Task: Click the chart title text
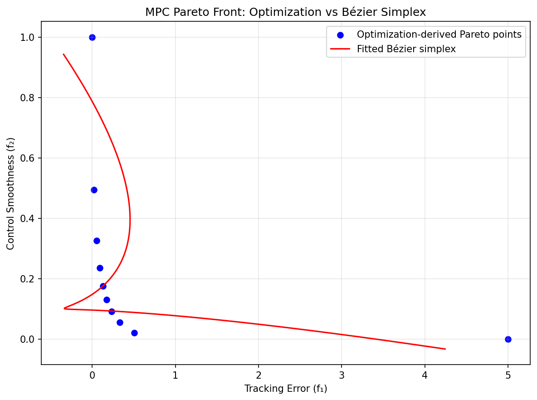point(285,12)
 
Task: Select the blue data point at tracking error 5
point(508,339)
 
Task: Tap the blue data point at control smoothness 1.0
point(92,37)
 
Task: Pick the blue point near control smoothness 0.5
point(94,190)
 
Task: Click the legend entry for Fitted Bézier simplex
point(406,49)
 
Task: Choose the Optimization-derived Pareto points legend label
point(439,35)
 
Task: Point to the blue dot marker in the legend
point(341,35)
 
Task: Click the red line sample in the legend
point(341,49)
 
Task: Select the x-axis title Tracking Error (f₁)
point(285,389)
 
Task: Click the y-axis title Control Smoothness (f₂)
point(10,193)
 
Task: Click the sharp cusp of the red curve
point(64,308)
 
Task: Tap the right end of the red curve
point(445,349)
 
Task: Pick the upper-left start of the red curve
point(63,54)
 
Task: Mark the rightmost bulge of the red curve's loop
point(130,220)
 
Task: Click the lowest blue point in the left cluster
point(134,333)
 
